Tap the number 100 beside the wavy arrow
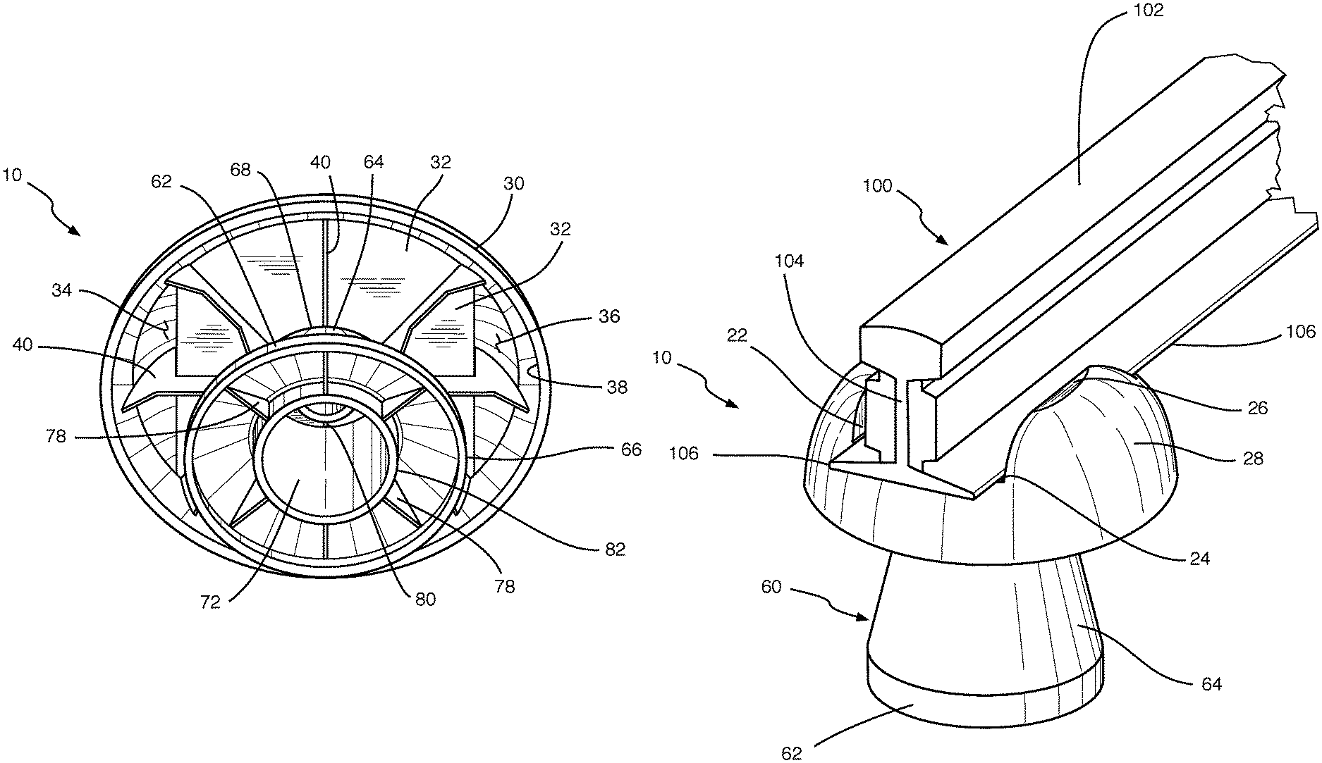click(x=877, y=187)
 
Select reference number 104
click(x=789, y=261)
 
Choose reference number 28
click(x=1252, y=459)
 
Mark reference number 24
click(x=1199, y=559)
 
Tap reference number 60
click(x=772, y=586)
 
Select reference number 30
click(x=514, y=184)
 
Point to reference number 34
click(x=61, y=290)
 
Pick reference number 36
click(x=609, y=316)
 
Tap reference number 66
click(x=632, y=449)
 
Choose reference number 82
click(x=615, y=549)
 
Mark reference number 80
click(x=425, y=600)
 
